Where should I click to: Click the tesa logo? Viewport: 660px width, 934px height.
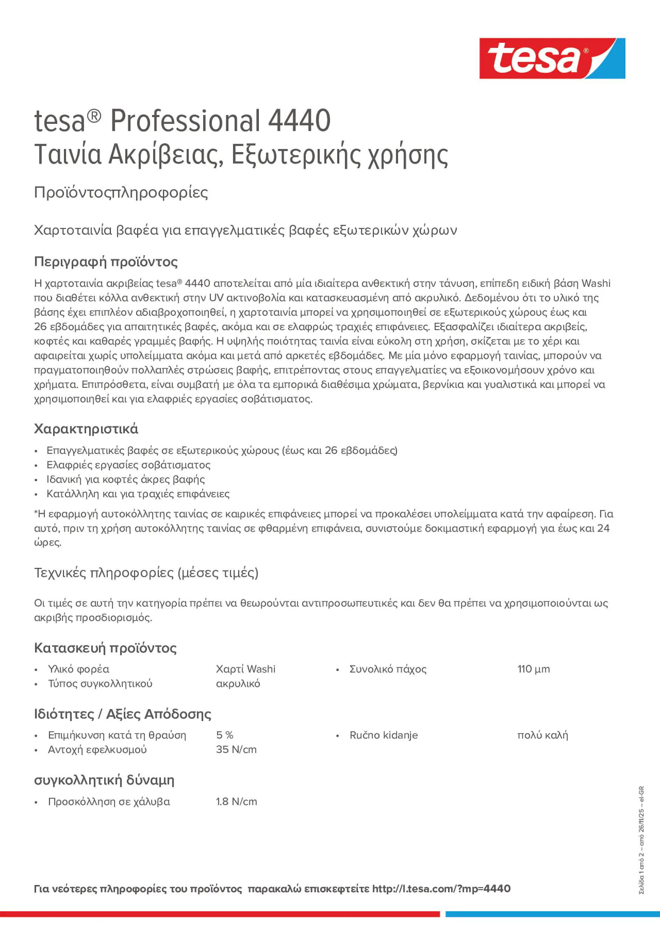[552, 58]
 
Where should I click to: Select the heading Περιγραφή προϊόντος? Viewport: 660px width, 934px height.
[106, 262]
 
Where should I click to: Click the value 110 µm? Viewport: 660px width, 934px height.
[533, 669]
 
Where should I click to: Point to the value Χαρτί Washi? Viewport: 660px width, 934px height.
[246, 669]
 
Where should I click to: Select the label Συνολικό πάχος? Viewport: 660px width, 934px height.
[388, 669]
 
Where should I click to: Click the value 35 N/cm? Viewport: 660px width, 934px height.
[236, 749]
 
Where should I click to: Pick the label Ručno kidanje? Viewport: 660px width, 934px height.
[383, 735]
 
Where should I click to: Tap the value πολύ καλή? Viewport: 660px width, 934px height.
[542, 735]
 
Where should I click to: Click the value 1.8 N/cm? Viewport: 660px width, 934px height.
[236, 801]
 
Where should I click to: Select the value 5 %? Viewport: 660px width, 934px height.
[224, 735]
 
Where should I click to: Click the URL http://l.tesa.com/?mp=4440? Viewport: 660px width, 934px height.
[441, 889]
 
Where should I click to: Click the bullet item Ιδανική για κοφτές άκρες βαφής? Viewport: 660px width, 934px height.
[125, 479]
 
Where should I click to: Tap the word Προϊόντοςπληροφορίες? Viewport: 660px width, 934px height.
[121, 192]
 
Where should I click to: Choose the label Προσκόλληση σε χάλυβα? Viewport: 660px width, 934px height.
[109, 801]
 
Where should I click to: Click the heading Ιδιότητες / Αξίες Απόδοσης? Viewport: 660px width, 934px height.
[122, 714]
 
